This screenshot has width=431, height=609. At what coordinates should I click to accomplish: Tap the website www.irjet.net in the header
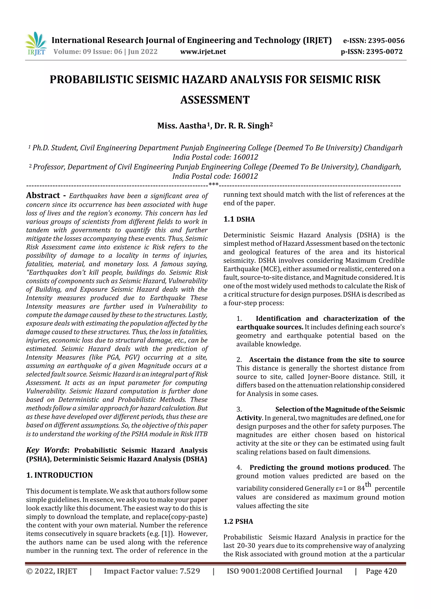203,52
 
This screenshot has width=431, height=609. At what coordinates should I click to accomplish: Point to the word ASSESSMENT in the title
215,100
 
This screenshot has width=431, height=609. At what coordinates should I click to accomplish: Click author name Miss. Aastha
182,126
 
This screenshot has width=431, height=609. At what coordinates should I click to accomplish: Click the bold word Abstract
43,196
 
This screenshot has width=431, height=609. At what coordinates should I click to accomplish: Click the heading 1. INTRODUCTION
60,475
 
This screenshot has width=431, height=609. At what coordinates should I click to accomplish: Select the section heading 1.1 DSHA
239,219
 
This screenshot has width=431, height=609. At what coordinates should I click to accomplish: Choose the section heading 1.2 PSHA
238,522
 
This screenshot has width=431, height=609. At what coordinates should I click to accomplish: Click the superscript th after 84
368,485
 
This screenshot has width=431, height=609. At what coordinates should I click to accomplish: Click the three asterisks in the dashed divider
214,184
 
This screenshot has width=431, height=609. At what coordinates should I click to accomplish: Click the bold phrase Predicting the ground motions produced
319,467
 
